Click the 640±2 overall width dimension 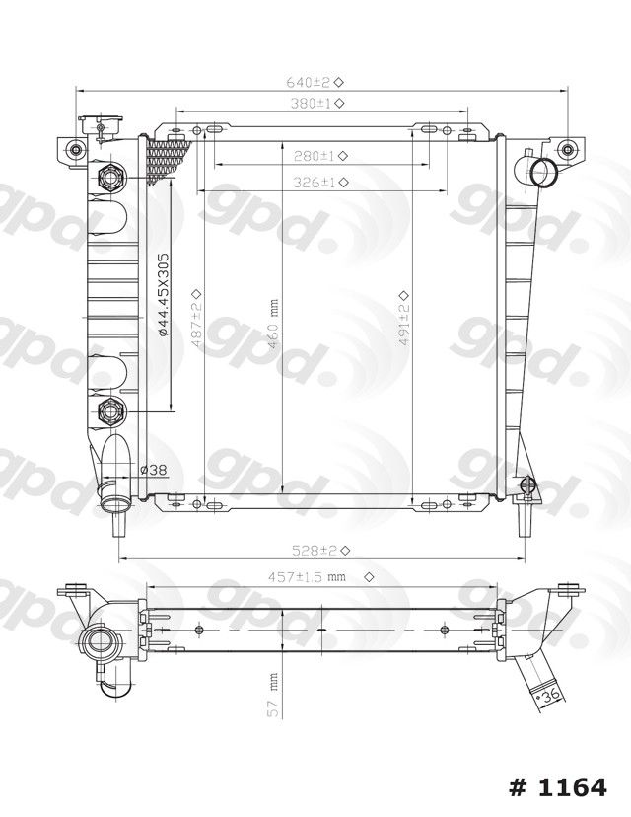tap(315, 82)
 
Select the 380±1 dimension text tap(316, 104)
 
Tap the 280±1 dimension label tap(320, 155)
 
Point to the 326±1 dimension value tap(320, 183)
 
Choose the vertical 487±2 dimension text tap(196, 318)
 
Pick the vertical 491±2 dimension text tap(404, 318)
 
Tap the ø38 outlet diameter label tap(154, 470)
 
